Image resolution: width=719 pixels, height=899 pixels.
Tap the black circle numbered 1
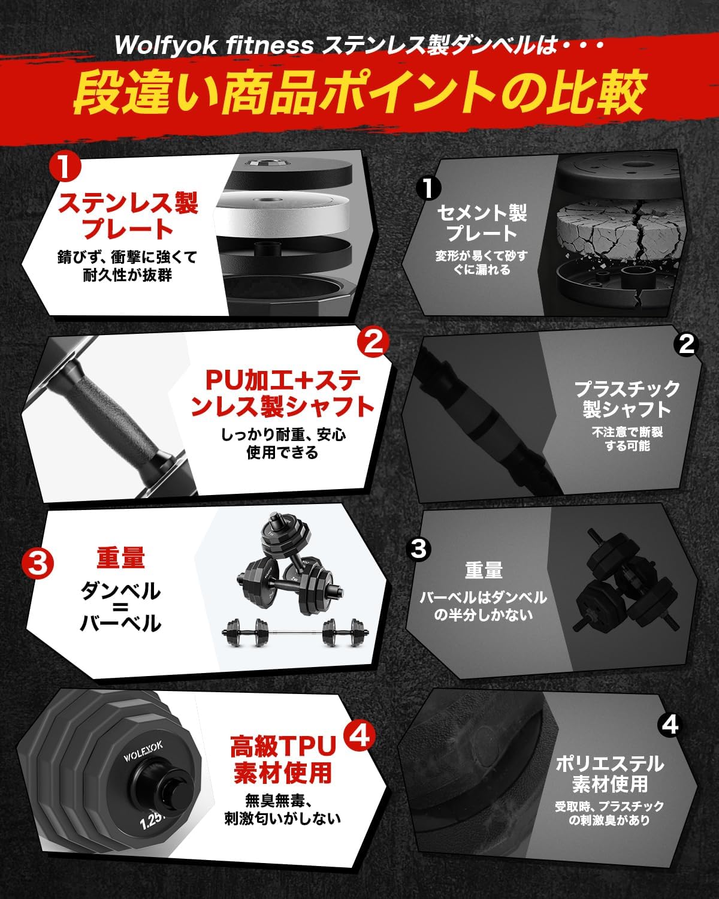click(428, 188)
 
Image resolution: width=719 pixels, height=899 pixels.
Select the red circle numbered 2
click(373, 342)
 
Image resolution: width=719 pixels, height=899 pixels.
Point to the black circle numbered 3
click(419, 548)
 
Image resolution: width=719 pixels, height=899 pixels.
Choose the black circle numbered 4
click(670, 725)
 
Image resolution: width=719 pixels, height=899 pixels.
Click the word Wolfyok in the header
click(166, 46)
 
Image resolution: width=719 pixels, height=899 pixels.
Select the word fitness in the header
click(270, 45)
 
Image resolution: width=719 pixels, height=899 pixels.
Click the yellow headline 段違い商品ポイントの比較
click(359, 93)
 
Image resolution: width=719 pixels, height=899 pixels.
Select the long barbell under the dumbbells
click(295, 632)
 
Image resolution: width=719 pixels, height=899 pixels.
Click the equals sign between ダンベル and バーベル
click(120, 607)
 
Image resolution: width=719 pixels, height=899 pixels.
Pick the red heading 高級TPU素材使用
click(283, 759)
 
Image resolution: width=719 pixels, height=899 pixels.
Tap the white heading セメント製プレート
click(482, 223)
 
